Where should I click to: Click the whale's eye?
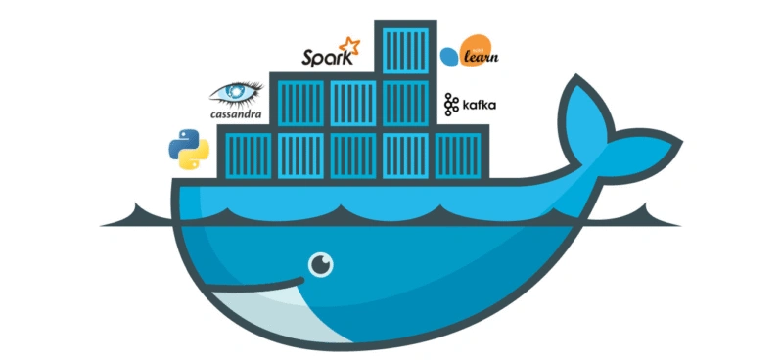pos(320,264)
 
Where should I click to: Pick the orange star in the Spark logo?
pos(348,45)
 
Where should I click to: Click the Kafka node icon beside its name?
pos(450,103)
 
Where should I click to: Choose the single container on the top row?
pos(402,47)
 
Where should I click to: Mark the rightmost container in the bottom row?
pos(456,155)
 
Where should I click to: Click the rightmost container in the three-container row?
pos(402,102)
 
